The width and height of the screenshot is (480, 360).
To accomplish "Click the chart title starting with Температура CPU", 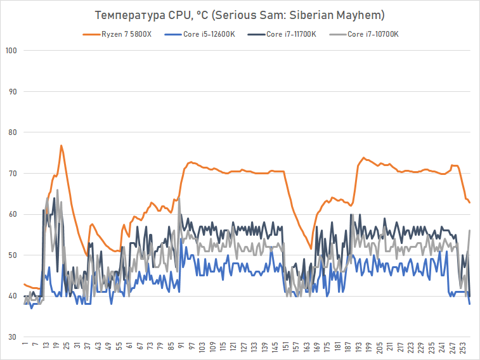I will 240,14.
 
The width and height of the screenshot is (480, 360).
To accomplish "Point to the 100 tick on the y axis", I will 11,51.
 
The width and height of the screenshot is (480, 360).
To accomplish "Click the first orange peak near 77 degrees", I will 61,146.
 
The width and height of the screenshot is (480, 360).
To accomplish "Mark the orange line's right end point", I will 470,203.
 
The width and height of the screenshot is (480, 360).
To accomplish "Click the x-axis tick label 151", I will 286,348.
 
